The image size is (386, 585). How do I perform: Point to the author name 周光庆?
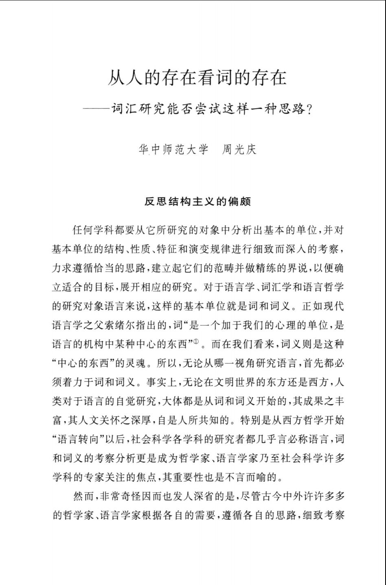tap(239, 150)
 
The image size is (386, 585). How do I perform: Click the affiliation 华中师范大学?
tap(173, 150)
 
